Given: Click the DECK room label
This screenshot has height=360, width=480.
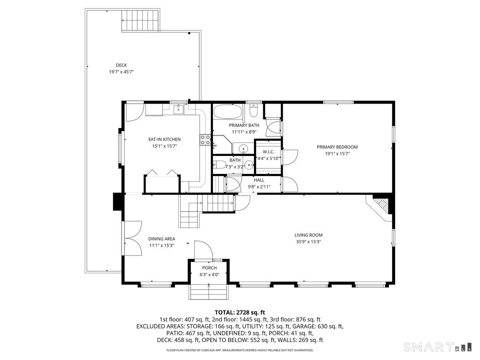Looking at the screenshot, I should point(121,65).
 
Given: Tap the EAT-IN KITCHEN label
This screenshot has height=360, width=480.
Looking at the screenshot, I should point(164,139).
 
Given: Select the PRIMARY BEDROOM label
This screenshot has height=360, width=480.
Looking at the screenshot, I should point(337,147).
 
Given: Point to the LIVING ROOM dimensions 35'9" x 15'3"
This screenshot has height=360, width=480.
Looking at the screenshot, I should point(308,242).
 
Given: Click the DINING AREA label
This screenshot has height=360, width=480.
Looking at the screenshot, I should point(162,239).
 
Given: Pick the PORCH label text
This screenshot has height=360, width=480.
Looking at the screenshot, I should point(209,268).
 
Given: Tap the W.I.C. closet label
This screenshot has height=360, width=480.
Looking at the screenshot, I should point(268,152).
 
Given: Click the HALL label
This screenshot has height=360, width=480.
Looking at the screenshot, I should point(259,180).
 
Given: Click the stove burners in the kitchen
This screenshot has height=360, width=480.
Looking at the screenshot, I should point(205,140).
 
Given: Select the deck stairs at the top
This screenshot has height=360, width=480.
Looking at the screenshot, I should point(141,21).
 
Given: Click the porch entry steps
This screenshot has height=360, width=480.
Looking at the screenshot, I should point(209,292).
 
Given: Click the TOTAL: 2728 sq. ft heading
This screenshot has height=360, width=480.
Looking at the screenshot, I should point(240,312).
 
